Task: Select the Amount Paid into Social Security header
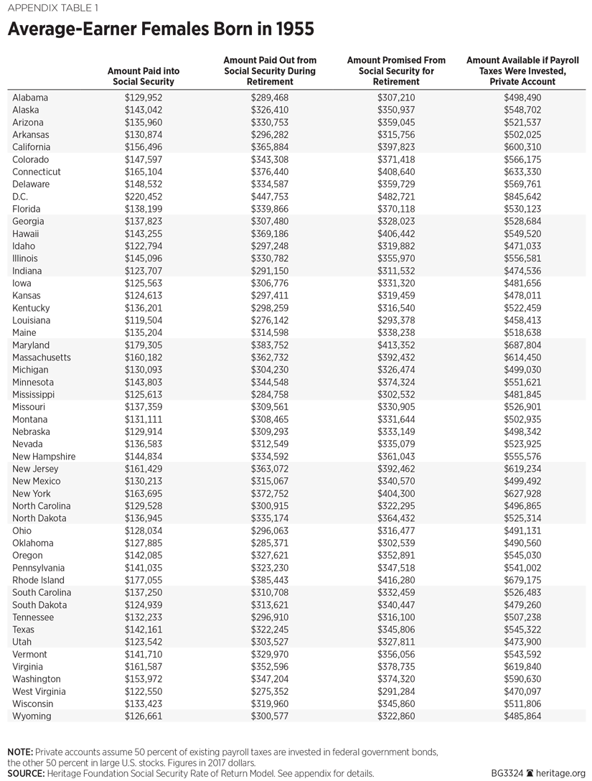pos(144,77)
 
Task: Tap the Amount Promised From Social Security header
pos(396,71)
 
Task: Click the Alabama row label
pos(30,98)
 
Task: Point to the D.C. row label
pos(21,197)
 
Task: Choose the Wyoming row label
pos(32,716)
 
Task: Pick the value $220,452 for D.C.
pos(144,197)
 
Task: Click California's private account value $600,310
pos(522,147)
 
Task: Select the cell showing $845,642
pos(522,197)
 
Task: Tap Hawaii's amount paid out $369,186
pos(270,234)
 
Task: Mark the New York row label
pos(32,494)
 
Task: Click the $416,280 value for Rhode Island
pos(396,580)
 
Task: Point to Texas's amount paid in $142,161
pos(144,630)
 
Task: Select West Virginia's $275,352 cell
pos(270,692)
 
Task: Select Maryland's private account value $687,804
pos(522,345)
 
